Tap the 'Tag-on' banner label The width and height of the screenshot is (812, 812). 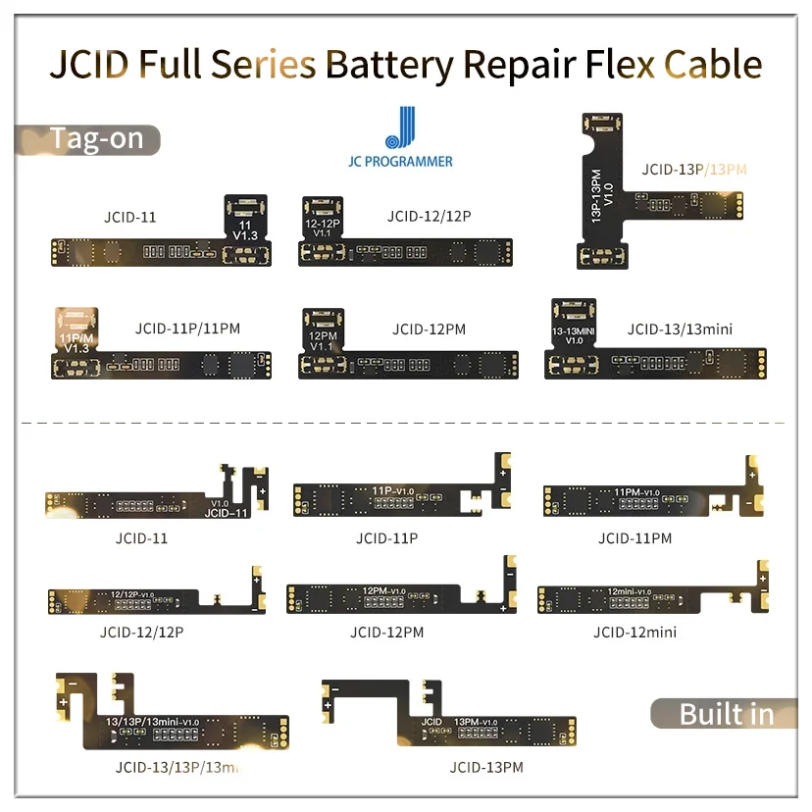pyautogui.click(x=96, y=138)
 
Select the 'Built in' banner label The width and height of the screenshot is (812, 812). pyautogui.click(x=726, y=713)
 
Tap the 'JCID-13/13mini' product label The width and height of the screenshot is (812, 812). pyautogui.click(x=680, y=330)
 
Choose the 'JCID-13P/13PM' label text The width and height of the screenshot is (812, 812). pyautogui.click(x=694, y=169)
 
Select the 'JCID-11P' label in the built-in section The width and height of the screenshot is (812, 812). pyautogui.click(x=386, y=538)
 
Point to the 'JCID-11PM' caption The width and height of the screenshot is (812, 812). pyautogui.click(x=634, y=538)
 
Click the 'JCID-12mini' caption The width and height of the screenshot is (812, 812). pyautogui.click(x=634, y=632)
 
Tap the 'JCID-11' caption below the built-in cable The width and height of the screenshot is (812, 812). pyautogui.click(x=141, y=538)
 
